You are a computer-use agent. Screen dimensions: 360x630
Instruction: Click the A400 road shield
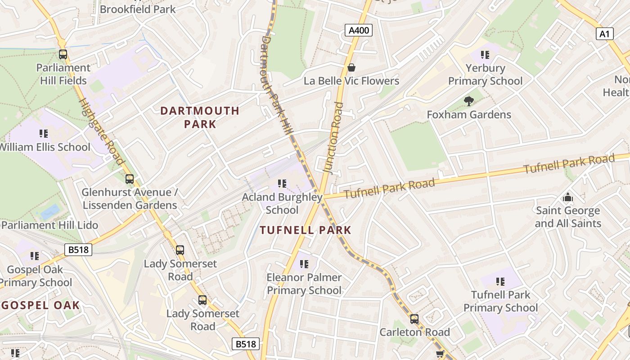pos(359,31)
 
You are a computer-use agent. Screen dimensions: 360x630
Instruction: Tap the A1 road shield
pos(605,34)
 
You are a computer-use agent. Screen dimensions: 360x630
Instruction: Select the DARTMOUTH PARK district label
pos(200,117)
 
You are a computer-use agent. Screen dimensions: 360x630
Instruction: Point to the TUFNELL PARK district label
pos(306,230)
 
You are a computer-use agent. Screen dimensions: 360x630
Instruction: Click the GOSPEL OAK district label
pos(40,305)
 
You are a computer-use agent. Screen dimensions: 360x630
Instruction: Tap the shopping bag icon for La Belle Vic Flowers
pos(351,67)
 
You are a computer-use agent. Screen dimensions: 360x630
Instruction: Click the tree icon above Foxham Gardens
pos(468,101)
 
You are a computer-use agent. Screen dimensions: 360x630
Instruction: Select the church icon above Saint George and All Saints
pos(567,197)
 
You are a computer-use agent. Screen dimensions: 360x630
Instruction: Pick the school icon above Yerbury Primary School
pos(485,55)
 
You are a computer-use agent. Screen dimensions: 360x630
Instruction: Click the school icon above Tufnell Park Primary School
pos(500,282)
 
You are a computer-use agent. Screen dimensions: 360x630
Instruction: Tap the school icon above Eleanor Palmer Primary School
pos(304,264)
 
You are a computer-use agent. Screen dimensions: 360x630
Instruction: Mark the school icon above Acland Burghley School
pos(282,184)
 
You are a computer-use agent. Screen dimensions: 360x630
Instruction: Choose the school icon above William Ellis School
pos(44,134)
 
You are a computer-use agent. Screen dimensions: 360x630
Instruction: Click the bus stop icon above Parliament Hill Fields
pos(63,54)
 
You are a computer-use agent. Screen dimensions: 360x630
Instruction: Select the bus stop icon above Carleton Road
pos(414,319)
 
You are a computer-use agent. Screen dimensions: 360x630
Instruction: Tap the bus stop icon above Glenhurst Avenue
pos(130,179)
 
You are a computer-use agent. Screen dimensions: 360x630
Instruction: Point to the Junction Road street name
pos(333,137)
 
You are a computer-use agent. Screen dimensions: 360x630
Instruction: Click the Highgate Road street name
pos(102,131)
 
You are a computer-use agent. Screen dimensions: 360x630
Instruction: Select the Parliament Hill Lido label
pos(49,225)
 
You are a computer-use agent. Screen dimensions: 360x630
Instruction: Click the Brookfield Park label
pos(138,9)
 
